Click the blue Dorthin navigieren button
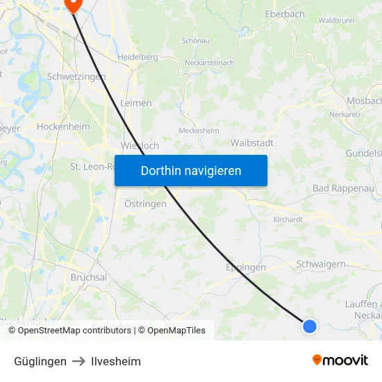[x=191, y=170]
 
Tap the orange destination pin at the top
[x=72, y=4]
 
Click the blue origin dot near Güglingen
[x=310, y=326]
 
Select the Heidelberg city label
[x=138, y=57]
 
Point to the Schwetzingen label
[x=76, y=76]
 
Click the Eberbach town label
[x=285, y=14]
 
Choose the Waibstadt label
[x=251, y=142]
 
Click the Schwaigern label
[x=321, y=264]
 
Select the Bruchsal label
[x=89, y=277]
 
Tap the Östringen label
[x=145, y=204]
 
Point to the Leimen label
[x=136, y=103]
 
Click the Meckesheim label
[x=199, y=131]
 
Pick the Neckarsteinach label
[x=210, y=63]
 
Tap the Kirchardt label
[x=288, y=219]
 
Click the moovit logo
[x=340, y=360]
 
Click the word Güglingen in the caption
[x=40, y=361]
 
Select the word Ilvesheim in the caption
[x=116, y=361]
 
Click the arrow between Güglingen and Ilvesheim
[x=78, y=361]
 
